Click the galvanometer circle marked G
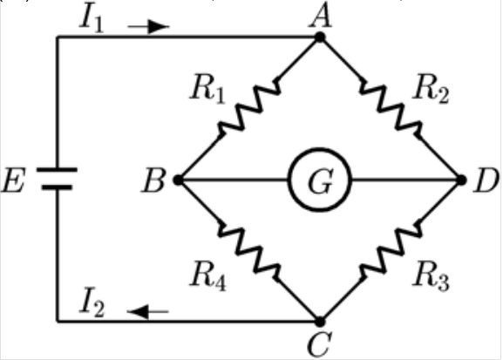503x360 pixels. [320, 180]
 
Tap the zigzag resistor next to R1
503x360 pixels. [248, 108]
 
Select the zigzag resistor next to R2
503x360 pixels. [391, 108]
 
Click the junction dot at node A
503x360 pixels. [320, 37]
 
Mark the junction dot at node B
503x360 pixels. [178, 180]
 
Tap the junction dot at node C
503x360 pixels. [320, 321]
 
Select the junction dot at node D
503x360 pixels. [463, 180]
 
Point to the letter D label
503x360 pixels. [485, 182]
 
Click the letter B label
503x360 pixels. [157, 182]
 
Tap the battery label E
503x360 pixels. [17, 182]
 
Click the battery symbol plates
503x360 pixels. [58, 178]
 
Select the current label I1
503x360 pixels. [92, 18]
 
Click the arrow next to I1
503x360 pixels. [148, 26]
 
